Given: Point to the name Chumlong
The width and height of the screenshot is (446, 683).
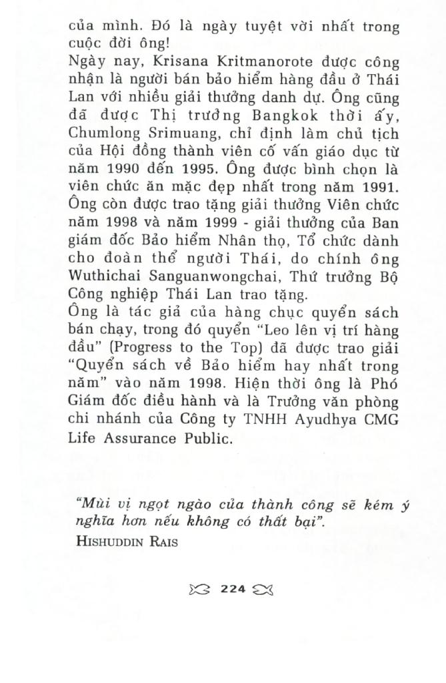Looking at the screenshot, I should [100, 134].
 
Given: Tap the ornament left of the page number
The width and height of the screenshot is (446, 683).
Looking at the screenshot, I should [201, 589].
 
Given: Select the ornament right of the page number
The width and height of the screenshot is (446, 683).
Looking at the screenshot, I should [264, 589].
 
